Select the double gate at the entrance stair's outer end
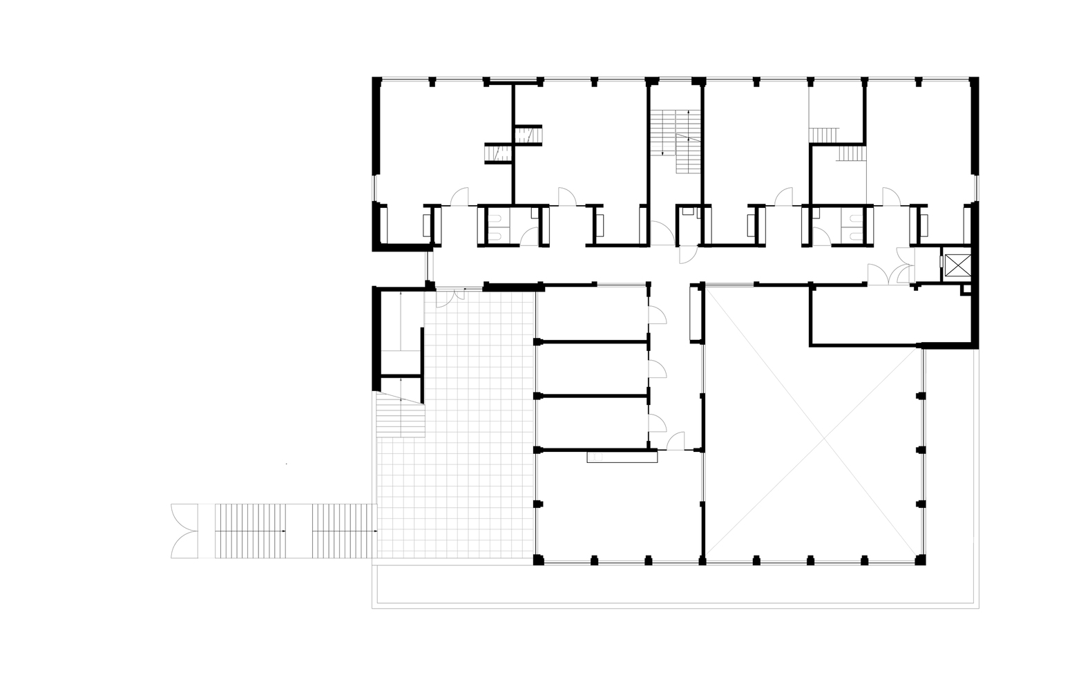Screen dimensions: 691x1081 pos(184,531)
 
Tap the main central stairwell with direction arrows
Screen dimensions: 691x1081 pos(676,142)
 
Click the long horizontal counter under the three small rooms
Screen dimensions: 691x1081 pos(622,456)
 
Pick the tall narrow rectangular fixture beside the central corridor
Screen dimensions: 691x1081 pos(693,314)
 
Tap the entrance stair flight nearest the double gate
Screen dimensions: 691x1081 pos(251,531)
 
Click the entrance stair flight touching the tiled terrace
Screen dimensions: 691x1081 pos(344,531)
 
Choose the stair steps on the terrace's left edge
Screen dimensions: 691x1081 pos(399,418)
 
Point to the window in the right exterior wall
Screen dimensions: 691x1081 pos(977,187)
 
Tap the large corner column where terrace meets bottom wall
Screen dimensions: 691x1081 pos(539,559)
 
